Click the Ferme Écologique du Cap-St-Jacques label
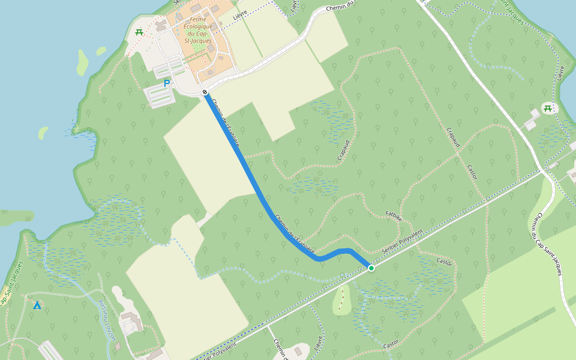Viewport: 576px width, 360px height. [x=198, y=27]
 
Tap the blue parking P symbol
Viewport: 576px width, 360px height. [x=167, y=84]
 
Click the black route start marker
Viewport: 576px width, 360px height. [x=205, y=92]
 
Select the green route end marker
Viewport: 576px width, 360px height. [x=371, y=268]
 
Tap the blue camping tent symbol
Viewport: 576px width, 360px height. [x=37, y=305]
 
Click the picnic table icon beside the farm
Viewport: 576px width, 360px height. [x=139, y=32]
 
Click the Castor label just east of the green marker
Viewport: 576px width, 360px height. [x=444, y=262]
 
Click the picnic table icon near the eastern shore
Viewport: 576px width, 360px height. [x=547, y=108]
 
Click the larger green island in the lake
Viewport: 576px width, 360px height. [x=82, y=62]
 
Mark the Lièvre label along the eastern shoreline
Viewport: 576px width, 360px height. [x=561, y=73]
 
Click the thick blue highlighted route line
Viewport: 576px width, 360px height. [x=252, y=180]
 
